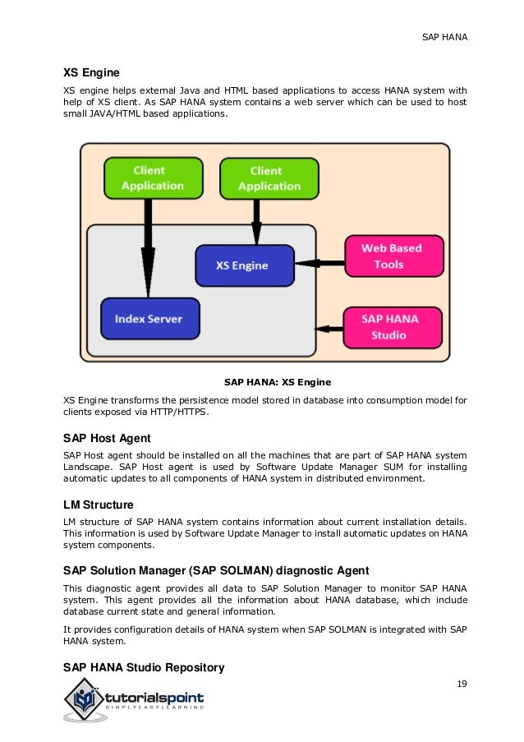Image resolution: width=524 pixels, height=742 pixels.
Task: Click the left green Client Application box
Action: pos(153,178)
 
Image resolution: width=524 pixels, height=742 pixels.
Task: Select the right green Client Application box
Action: pos(269,178)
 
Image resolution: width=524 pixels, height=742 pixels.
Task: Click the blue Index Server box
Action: pos(149,319)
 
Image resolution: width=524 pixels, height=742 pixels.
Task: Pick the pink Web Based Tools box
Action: pos(392,256)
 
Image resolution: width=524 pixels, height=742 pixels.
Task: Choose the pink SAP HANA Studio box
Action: pos(392,327)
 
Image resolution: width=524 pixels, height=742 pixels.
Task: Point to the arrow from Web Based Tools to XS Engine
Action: pos(319,264)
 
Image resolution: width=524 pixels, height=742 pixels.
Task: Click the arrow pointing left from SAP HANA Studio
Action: pos(329,329)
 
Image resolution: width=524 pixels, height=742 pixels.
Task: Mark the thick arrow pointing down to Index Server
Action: pos(148,247)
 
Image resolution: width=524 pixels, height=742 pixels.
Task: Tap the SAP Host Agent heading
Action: pos(108,437)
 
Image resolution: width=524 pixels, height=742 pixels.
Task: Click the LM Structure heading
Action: pos(99,504)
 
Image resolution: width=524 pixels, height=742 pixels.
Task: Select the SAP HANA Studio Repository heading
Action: pos(144,666)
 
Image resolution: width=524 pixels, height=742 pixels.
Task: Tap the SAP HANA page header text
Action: pos(444,38)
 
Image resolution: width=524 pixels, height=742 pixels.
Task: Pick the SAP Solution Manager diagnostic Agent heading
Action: pos(216,570)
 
